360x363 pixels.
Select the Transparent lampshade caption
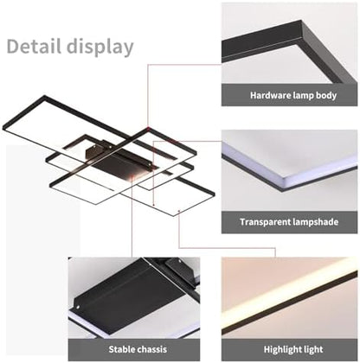pyautogui.click(x=290, y=222)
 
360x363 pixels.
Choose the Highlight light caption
pyautogui.click(x=290, y=349)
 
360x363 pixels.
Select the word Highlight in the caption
pyautogui.click(x=279, y=349)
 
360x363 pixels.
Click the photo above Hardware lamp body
pyautogui.click(x=290, y=43)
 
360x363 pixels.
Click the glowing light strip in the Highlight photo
pyautogui.click(x=290, y=299)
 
